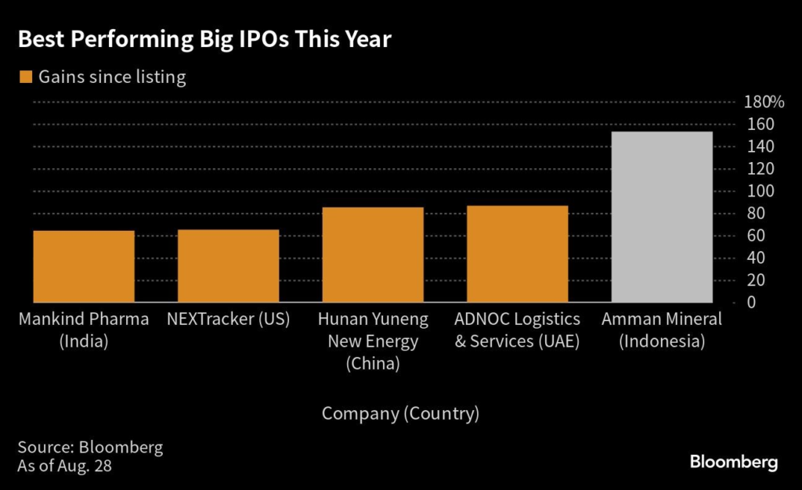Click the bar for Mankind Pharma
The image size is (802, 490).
[84, 266]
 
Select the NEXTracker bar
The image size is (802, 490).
[228, 266]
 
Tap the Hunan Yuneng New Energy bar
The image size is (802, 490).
[373, 255]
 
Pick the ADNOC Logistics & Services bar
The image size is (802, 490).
[517, 254]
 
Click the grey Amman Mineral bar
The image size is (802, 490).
[662, 217]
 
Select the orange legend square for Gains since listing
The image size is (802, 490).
[25, 77]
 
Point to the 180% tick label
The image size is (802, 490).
[764, 102]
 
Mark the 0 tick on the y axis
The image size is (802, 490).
[750, 302]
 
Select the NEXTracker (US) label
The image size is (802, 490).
[228, 319]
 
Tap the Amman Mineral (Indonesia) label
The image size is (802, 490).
[662, 330]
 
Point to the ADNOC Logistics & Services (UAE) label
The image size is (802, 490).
[517, 330]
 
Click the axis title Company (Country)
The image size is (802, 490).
[400, 413]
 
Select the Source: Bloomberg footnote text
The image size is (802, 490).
[90, 448]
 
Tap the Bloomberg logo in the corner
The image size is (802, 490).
[733, 463]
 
